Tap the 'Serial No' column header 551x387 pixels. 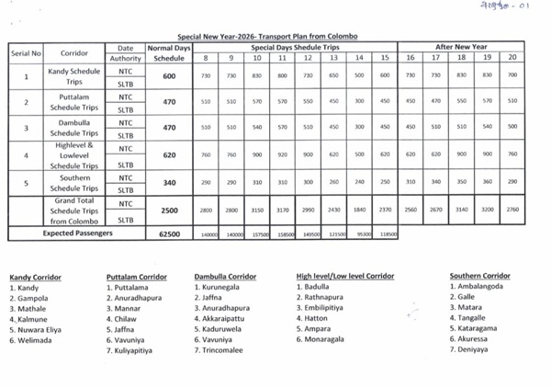(27, 53)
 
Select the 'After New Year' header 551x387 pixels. (461, 46)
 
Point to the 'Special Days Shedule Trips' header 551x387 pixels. (295, 46)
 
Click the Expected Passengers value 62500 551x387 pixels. (169, 233)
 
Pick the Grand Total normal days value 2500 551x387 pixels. (169, 211)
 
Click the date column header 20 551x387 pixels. (512, 57)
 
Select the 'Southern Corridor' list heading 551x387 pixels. (479, 276)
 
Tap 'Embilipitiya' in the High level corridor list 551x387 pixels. (328, 308)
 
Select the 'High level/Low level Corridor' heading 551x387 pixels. (344, 276)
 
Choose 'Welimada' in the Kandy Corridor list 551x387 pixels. (33, 340)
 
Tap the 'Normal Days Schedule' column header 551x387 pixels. (169, 51)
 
